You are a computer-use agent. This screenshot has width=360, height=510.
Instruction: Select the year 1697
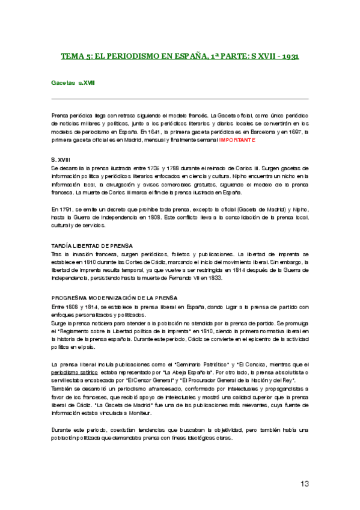pos(296,131)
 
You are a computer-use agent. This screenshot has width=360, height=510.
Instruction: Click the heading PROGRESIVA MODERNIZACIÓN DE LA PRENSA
pos(114,298)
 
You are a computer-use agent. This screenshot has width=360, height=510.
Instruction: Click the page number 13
pos(304,484)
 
